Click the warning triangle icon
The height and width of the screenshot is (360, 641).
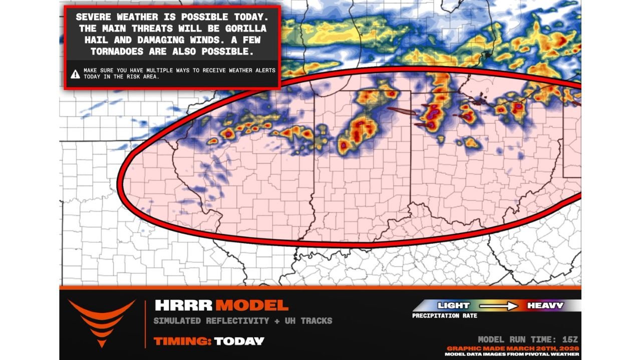coord(75,74)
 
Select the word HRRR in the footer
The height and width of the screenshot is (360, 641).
coord(183,305)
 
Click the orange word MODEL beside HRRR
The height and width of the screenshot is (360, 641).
coord(252,305)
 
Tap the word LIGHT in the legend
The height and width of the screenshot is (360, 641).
coord(454,305)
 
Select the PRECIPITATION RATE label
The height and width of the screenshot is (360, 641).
coord(445,316)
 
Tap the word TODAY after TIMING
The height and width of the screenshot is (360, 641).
coord(239,341)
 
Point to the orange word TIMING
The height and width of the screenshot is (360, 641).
coord(182,341)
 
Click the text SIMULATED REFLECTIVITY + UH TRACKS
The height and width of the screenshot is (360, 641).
coord(242,321)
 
